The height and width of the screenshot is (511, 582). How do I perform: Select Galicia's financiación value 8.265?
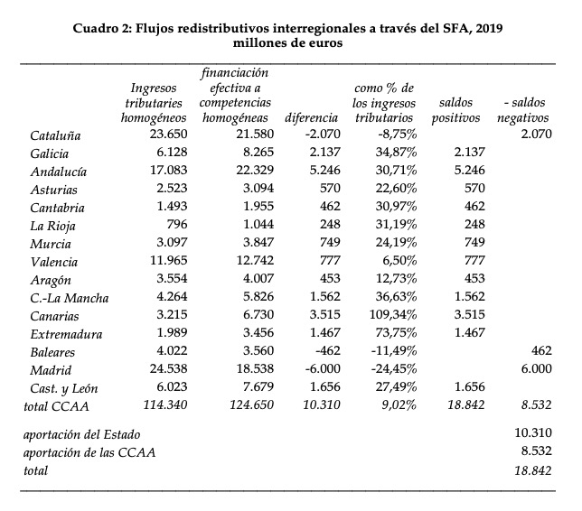coord(248,153)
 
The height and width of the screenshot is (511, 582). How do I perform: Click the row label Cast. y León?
coord(64,388)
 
